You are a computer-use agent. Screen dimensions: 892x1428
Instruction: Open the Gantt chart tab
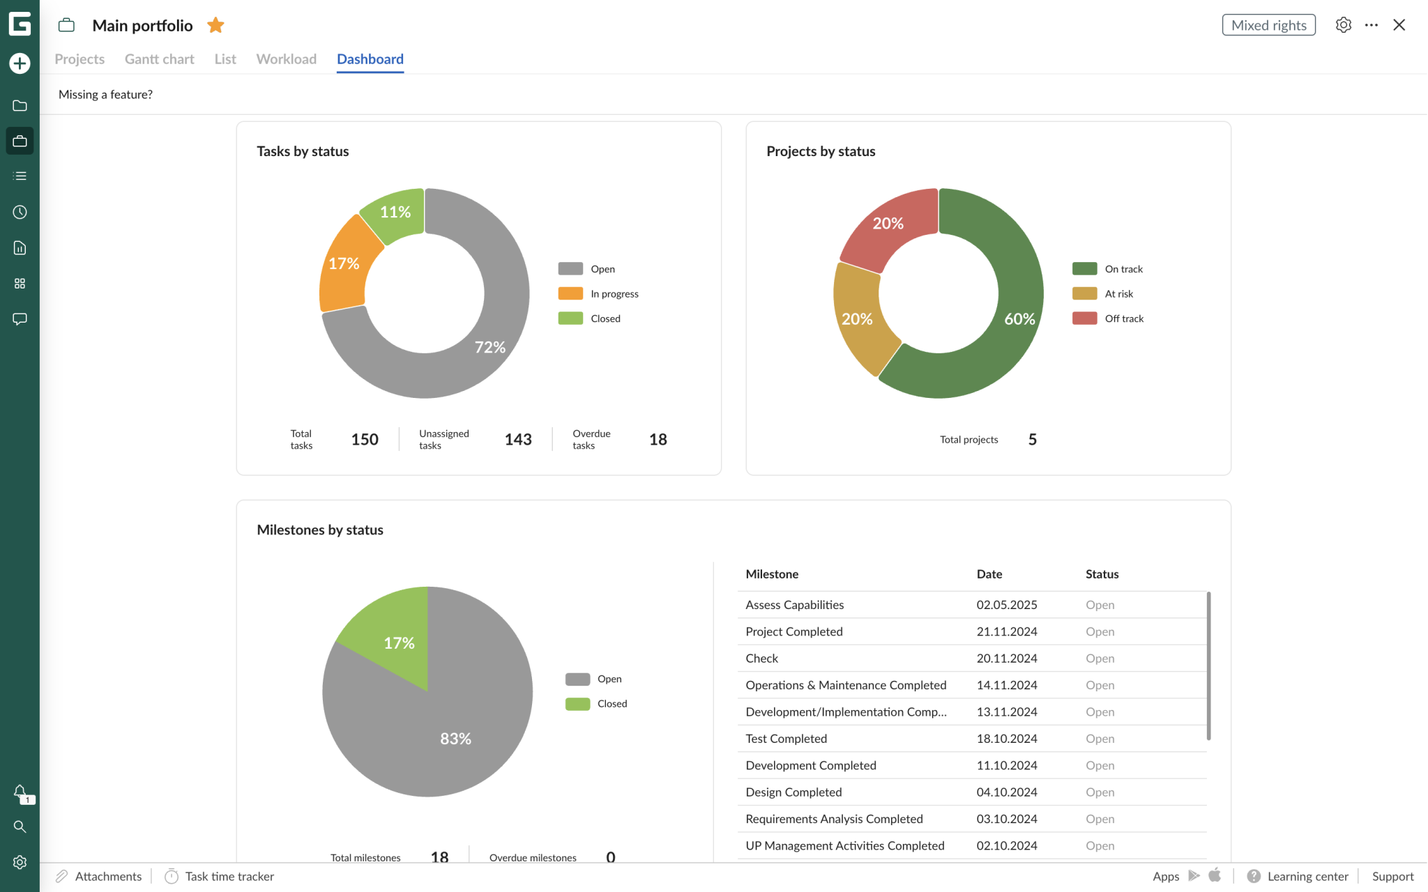click(159, 59)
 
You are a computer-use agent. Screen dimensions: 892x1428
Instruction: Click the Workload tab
click(286, 59)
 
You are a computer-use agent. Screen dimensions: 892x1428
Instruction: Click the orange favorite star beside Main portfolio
click(215, 26)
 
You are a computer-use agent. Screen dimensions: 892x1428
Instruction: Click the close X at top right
click(1399, 25)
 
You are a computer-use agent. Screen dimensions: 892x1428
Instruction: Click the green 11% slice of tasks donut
click(395, 213)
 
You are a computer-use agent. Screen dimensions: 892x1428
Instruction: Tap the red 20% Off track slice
click(888, 224)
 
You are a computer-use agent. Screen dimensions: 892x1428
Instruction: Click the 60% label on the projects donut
click(1019, 319)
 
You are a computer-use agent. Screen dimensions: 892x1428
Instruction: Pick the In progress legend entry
click(614, 294)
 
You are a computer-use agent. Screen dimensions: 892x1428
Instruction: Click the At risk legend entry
click(1118, 294)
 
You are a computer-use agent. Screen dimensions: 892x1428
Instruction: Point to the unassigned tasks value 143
click(517, 440)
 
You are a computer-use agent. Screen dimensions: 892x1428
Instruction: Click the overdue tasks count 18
click(658, 440)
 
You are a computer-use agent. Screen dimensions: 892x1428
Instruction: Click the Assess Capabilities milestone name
click(794, 605)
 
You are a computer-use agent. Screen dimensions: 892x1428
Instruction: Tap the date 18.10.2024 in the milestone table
click(1006, 739)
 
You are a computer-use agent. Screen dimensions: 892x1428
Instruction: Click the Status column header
click(1101, 574)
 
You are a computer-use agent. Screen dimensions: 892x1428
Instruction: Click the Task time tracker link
click(229, 877)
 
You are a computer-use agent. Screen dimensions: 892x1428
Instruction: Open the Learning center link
click(1307, 877)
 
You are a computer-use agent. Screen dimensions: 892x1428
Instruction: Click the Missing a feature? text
click(105, 95)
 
